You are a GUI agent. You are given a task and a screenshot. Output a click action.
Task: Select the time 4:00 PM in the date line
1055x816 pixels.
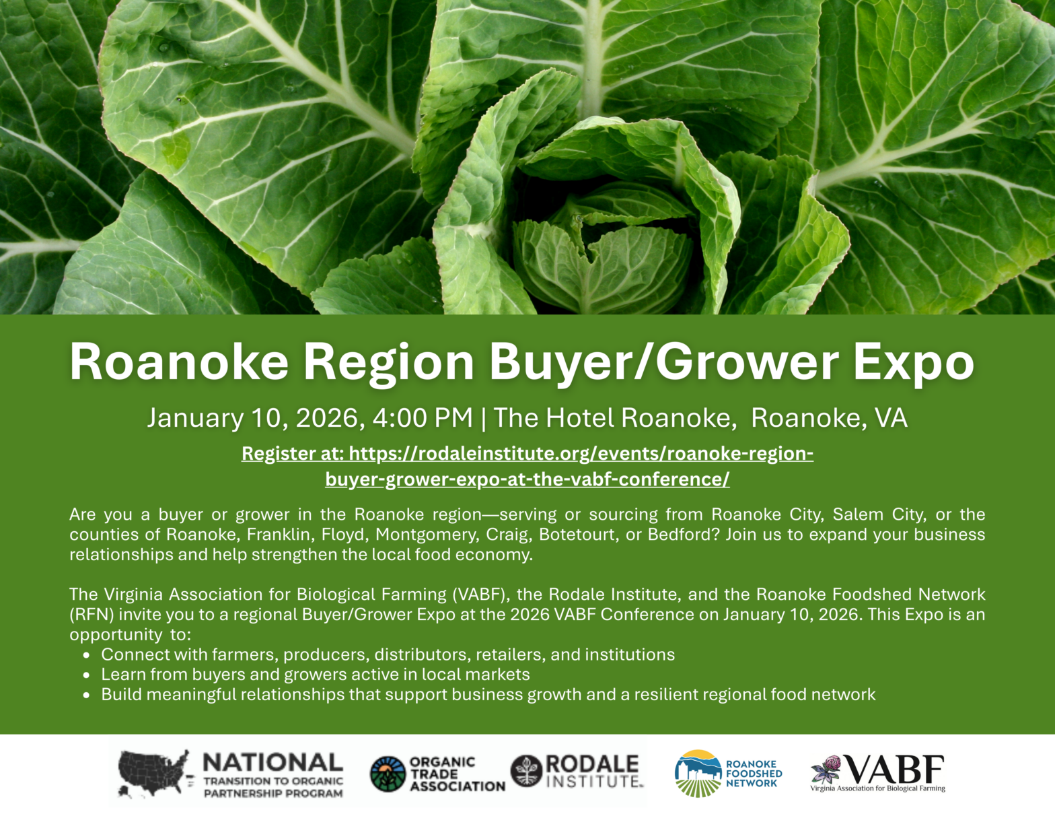pyautogui.click(x=423, y=418)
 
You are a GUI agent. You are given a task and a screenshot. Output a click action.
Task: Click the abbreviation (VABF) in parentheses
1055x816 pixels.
pyautogui.click(x=479, y=594)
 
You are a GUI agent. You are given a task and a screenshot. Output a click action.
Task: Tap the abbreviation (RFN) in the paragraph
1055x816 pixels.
pyautogui.click(x=92, y=615)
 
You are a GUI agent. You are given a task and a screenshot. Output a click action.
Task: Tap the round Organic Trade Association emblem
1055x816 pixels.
pyautogui.click(x=388, y=774)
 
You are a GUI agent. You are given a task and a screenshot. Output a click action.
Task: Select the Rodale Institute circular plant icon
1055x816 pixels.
pyautogui.click(x=526, y=771)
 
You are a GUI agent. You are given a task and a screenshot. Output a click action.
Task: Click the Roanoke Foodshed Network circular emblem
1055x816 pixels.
pyautogui.click(x=698, y=774)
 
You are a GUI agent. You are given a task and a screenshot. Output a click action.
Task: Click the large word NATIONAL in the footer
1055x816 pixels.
pyautogui.click(x=272, y=763)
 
